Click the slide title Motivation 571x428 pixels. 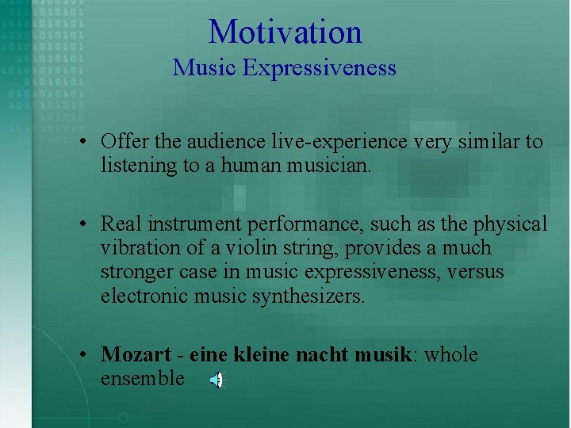tap(285, 32)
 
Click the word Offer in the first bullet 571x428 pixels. tap(120, 142)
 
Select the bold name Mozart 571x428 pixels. tap(131, 354)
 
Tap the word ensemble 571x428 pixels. tap(142, 379)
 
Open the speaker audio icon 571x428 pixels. tap(216, 381)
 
